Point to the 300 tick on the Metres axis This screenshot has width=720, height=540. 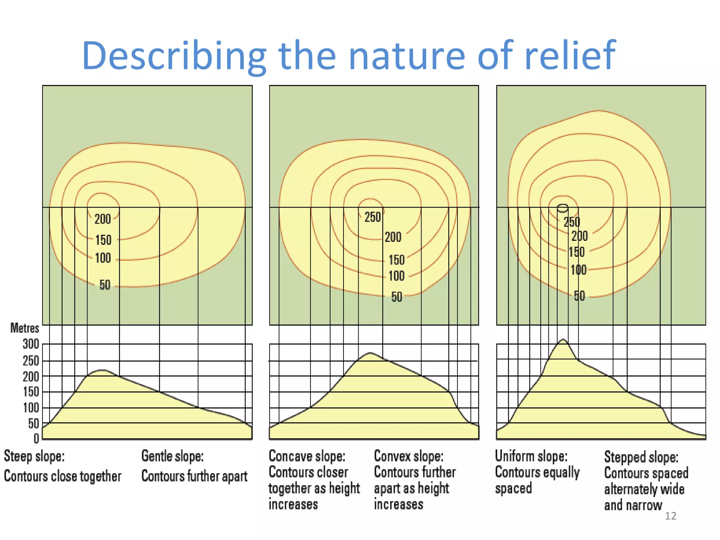[x=31, y=344]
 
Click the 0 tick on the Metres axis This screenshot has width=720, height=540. [x=36, y=438]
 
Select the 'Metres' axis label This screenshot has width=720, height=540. [x=25, y=328]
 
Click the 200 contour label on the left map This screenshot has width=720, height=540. [x=103, y=219]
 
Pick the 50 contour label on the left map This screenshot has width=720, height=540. [x=105, y=285]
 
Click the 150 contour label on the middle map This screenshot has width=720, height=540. [x=397, y=260]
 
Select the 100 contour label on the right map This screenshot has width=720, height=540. [x=578, y=270]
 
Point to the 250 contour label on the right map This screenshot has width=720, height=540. [x=572, y=222]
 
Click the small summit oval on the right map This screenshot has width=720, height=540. [x=562, y=208]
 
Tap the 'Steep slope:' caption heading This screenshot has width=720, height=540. [x=34, y=456]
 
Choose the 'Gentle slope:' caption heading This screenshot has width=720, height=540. [x=172, y=456]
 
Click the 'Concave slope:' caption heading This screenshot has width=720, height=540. [x=307, y=456]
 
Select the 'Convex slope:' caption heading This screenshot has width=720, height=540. [x=409, y=456]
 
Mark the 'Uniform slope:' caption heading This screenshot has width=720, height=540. [x=531, y=456]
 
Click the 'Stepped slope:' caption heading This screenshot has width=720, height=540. [x=641, y=457]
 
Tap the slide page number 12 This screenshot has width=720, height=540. [x=670, y=516]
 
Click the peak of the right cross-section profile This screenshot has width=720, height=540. [x=563, y=340]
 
